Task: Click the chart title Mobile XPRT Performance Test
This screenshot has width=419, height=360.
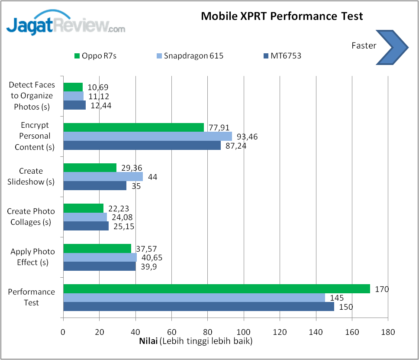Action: point(282,16)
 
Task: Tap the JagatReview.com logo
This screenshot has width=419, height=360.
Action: point(65,25)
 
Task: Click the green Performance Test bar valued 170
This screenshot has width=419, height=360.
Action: point(216,289)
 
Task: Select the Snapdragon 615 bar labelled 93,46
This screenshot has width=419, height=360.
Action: point(148,136)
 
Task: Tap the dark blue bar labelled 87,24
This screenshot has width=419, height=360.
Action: point(142,146)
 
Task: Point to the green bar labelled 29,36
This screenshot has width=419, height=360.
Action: point(90,168)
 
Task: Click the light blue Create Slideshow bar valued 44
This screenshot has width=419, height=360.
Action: point(103,176)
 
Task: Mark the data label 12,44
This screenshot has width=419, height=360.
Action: point(100,105)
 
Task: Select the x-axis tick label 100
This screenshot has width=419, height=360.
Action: point(244,332)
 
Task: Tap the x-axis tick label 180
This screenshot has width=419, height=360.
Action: point(388,332)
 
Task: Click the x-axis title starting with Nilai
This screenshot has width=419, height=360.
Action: point(196,341)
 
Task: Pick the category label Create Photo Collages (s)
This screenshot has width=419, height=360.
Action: point(31,217)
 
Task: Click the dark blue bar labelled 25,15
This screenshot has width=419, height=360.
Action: point(86,226)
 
